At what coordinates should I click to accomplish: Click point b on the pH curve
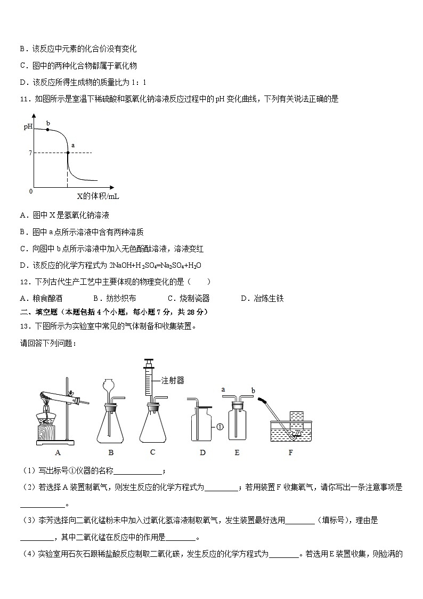(x=47, y=130)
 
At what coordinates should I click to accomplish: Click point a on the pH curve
(x=68, y=153)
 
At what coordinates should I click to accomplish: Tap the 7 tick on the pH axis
(x=30, y=153)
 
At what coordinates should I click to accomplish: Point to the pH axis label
(x=28, y=126)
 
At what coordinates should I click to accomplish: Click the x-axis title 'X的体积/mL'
(x=98, y=196)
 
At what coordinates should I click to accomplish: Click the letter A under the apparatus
(x=56, y=453)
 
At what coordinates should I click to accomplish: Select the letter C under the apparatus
(x=152, y=452)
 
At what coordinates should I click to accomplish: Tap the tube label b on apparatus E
(x=253, y=390)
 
